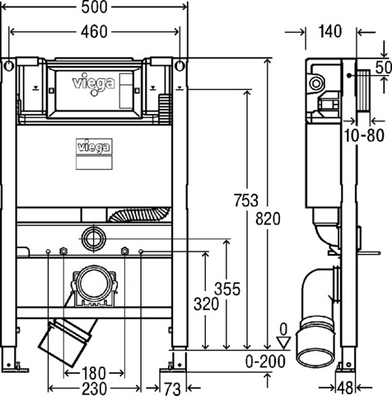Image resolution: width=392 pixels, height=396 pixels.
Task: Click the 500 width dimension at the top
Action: tap(94, 7)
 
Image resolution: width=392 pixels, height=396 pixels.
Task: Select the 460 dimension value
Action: tap(94, 32)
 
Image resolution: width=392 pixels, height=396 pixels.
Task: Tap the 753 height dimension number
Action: tap(246, 200)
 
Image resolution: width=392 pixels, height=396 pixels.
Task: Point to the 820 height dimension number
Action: tap(268, 219)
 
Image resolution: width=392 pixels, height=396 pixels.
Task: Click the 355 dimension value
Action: tap(227, 289)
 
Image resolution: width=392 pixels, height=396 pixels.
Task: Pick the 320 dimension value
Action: tap(207, 304)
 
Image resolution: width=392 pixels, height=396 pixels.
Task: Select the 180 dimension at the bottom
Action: tap(93, 373)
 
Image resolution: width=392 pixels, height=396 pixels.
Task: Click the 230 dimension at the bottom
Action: tap(94, 389)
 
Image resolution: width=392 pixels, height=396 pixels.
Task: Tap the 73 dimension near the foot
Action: tap(172, 389)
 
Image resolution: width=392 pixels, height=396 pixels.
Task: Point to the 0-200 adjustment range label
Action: tap(265, 361)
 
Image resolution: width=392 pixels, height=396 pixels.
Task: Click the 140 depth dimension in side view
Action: tap(330, 31)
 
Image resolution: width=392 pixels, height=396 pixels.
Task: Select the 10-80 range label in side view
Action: tap(364, 135)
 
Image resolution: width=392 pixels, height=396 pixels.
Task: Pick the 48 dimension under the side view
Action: tap(345, 389)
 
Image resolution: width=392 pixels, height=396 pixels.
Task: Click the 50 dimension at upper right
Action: tap(384, 68)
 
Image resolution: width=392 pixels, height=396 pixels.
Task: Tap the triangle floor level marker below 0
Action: tap(283, 342)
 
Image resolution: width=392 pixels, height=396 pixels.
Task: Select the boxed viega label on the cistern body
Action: tap(94, 146)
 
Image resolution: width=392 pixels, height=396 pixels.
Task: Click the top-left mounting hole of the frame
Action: tap(9, 66)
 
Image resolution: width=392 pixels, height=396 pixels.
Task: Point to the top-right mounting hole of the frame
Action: tap(180, 66)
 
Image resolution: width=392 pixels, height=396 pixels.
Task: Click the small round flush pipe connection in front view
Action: tap(94, 238)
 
